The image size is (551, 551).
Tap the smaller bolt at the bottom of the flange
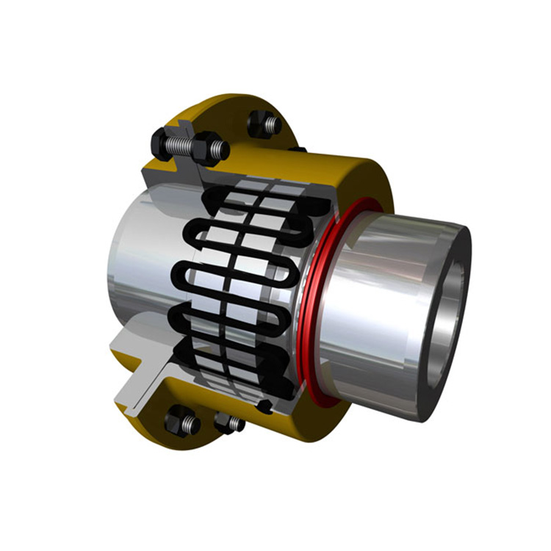tap(228, 423)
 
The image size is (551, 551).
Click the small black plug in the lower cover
tap(265, 406)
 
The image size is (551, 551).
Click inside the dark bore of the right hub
tap(444, 323)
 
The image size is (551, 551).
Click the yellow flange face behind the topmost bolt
tap(235, 110)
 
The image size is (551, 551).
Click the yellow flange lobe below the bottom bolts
tap(206, 444)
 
